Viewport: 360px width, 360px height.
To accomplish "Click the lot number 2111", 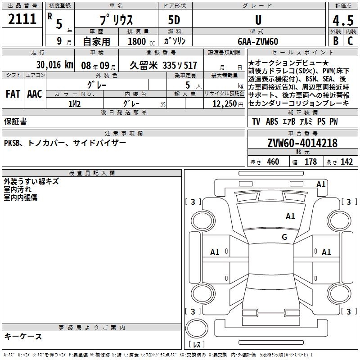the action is pos(22,19).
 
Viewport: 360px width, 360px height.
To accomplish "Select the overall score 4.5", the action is pos(343,20).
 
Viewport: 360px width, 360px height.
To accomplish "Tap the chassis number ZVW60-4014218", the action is pos(302,143).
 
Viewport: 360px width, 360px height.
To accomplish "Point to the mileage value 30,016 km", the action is pos(54,65).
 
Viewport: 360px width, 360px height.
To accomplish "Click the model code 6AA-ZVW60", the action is pos(258,41).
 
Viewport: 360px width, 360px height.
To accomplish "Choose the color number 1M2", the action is pos(74,104).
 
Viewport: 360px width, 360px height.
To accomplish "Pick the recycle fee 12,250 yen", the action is pos(228,104).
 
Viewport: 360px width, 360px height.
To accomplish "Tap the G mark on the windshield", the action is pos(284,237).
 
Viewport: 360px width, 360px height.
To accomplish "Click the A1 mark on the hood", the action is pos(290,216).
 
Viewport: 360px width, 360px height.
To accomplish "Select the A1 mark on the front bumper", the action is pos(321,184).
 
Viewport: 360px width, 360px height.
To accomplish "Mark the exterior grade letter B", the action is pos(336,41).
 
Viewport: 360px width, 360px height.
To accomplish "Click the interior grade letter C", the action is pos(350,41).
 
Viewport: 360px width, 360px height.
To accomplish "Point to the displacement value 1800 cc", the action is pos(141,42).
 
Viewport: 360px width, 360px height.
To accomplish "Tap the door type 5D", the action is pos(174,20).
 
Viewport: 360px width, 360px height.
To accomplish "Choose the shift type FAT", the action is pos(13,94).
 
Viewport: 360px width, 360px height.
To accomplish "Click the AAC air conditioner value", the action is pos(35,94).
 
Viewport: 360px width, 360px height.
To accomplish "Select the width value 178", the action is pos(310,162).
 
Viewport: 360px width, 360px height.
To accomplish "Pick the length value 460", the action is pos(273,162).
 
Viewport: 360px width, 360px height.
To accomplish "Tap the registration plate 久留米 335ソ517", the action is pos(163,66).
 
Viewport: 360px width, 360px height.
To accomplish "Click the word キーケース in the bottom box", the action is pos(23,337).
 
